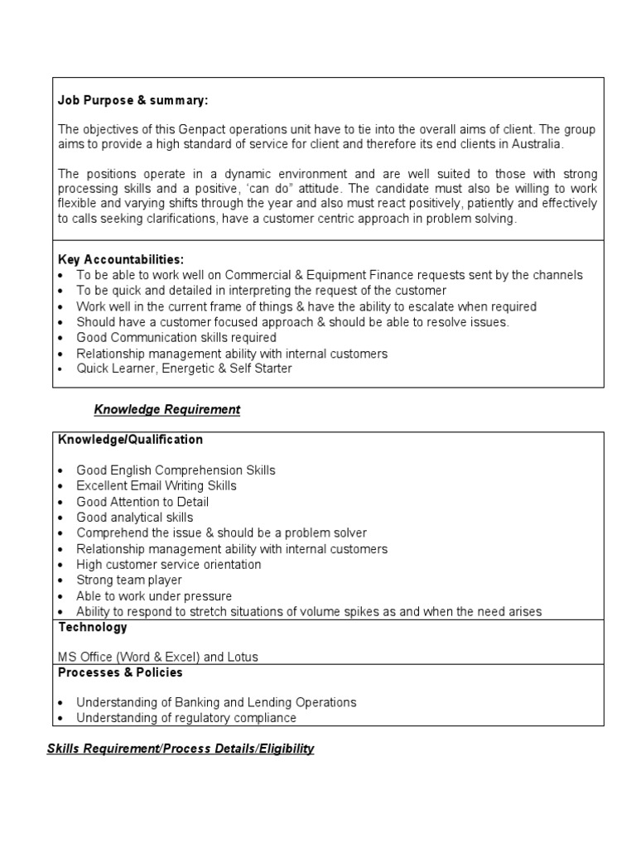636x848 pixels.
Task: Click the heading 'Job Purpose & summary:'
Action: click(133, 100)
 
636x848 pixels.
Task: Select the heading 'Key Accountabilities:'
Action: click(121, 259)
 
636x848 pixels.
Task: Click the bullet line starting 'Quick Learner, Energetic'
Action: click(184, 369)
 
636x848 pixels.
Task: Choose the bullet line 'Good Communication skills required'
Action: click(176, 338)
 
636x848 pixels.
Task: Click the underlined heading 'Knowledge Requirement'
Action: click(166, 409)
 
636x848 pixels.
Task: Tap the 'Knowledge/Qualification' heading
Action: click(130, 439)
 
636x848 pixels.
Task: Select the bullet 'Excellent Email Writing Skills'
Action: click(157, 485)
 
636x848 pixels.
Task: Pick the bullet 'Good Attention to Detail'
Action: click(142, 502)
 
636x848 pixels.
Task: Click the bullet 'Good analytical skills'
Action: click(135, 518)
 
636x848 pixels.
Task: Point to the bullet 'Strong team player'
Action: click(129, 581)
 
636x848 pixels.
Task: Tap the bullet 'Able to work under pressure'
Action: click(154, 596)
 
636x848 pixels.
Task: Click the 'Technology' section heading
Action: click(93, 627)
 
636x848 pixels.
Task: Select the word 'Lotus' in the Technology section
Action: click(242, 657)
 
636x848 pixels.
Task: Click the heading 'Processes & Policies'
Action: click(121, 672)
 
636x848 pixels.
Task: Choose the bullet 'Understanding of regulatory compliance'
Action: click(186, 718)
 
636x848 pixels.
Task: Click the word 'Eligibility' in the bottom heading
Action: click(287, 749)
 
